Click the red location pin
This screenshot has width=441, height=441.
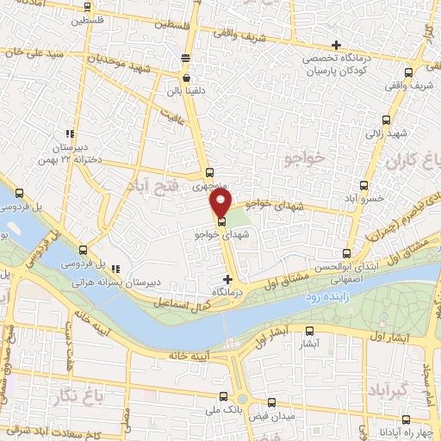[221, 204]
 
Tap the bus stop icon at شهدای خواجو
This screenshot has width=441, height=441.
[223, 221]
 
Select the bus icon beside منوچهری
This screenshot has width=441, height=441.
[209, 171]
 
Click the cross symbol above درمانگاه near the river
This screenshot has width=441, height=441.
[227, 279]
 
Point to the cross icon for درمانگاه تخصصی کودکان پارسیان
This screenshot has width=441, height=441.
[336, 46]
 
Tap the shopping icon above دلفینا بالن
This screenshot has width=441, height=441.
[186, 78]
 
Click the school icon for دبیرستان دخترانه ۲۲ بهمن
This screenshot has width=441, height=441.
[70, 134]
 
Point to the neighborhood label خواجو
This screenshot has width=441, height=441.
[305, 158]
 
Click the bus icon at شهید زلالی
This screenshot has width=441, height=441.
[384, 121]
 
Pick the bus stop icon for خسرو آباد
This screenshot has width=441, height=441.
[363, 184]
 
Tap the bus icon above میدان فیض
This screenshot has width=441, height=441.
[272, 403]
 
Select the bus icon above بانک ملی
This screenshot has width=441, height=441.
[223, 398]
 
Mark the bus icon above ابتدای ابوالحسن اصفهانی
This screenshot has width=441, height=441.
[346, 253]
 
